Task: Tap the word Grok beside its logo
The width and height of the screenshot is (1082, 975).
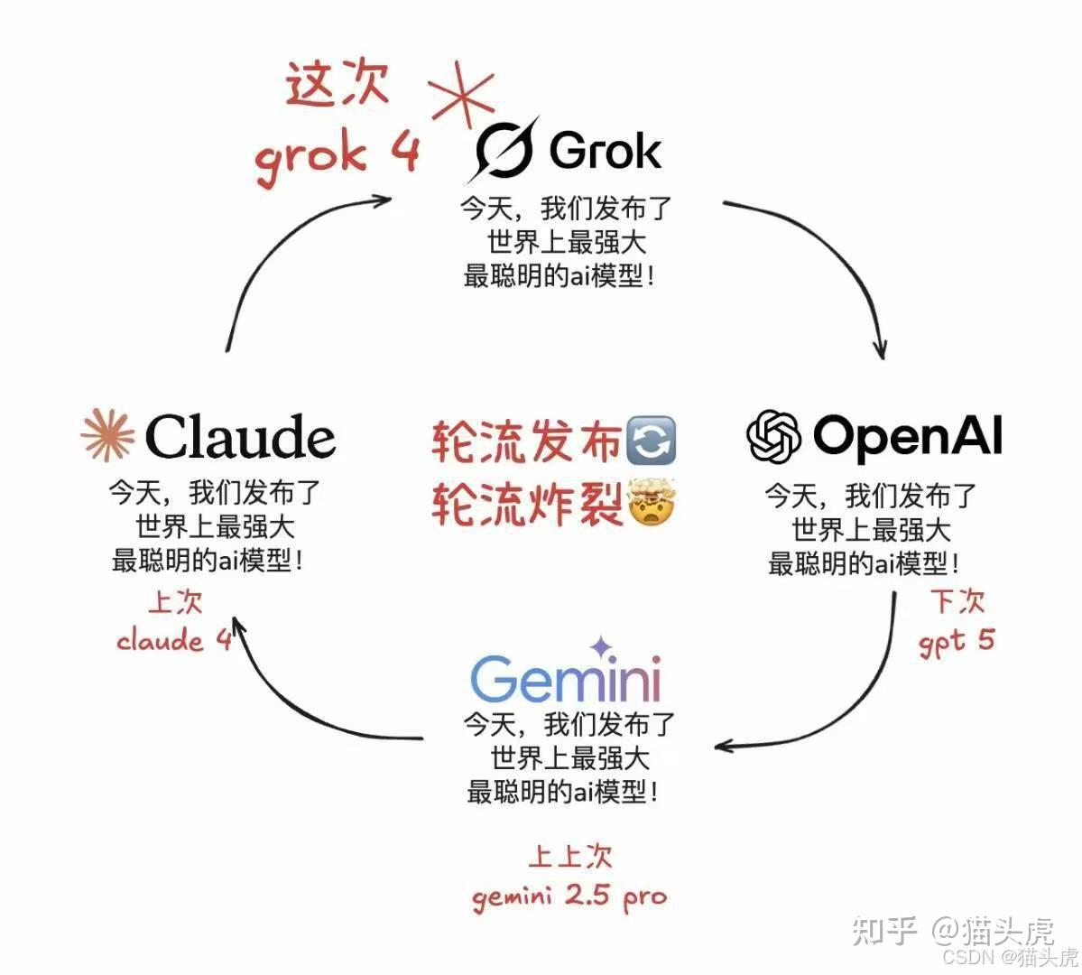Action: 605,150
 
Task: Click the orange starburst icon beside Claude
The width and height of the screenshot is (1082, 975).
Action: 107,435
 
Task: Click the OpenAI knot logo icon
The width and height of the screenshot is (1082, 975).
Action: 773,437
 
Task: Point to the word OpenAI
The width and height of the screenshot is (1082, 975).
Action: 907,436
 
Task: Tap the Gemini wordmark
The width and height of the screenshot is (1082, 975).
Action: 566,679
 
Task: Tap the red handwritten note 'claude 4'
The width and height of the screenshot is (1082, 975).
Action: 173,640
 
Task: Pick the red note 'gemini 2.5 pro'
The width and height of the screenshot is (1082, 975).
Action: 569,896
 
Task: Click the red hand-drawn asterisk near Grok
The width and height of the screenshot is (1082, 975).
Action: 462,94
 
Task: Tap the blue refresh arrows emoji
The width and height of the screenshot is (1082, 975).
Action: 650,441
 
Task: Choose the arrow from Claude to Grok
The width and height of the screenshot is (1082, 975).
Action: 271,253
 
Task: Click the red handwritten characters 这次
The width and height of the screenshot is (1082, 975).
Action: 337,86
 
